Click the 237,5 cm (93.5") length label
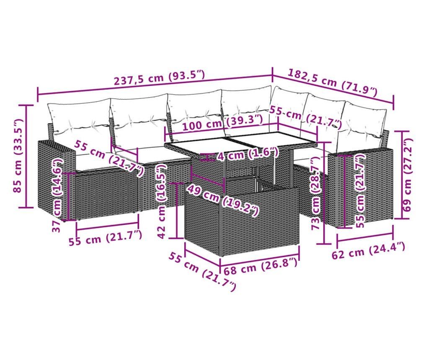159,77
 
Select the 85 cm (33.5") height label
18,156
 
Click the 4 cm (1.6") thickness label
248,155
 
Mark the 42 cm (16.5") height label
162,201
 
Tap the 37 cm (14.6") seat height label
58,195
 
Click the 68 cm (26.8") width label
261,266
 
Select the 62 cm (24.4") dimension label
368,250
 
